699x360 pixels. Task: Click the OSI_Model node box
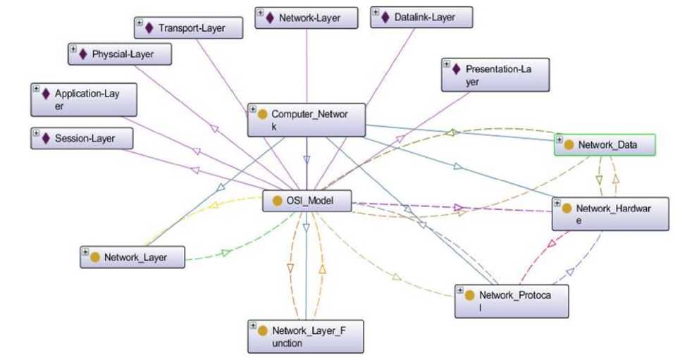coord(307,201)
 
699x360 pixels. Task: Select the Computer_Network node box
coord(307,120)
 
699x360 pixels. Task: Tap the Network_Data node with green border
coord(605,145)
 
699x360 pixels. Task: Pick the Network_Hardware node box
coord(610,214)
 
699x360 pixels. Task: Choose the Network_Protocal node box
coord(512,301)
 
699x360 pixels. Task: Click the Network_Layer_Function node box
coord(306,336)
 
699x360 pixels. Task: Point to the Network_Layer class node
coord(132,257)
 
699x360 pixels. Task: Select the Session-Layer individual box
coord(82,139)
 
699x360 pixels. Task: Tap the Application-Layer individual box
coord(84,99)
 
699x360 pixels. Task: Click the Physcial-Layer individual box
coord(120,54)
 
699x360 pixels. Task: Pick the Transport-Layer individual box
coord(189,28)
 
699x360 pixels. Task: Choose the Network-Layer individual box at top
coord(304,18)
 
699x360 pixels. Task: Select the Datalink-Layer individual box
coord(421,18)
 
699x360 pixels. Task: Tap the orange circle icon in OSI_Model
coord(277,201)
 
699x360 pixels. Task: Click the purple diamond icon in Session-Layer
coord(46,139)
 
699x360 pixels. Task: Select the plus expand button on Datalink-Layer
coord(375,13)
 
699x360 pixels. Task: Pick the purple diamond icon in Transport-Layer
coord(149,28)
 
